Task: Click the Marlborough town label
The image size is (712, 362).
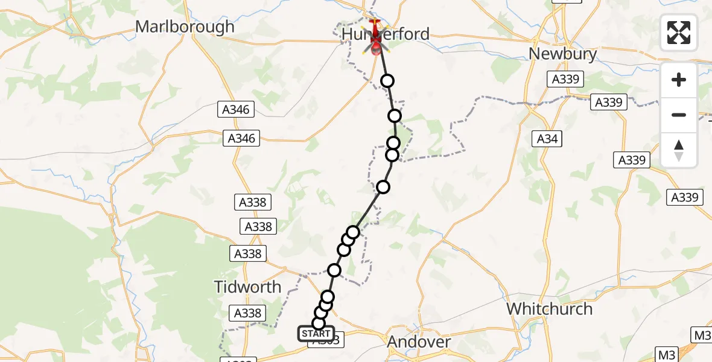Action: pyautogui.click(x=185, y=27)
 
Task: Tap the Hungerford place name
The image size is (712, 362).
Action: pyautogui.click(x=386, y=34)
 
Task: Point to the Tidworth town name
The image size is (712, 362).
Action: pyautogui.click(x=248, y=287)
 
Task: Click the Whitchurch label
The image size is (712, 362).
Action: pyautogui.click(x=549, y=309)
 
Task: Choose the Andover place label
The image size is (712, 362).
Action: pyautogui.click(x=419, y=342)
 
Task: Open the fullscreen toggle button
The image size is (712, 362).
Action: pyautogui.click(x=679, y=33)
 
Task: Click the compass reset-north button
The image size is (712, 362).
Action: pyautogui.click(x=679, y=150)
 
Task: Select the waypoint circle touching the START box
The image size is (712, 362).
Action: pyautogui.click(x=319, y=323)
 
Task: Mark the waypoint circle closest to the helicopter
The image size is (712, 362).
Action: pyautogui.click(x=387, y=81)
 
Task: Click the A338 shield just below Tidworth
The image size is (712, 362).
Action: pyautogui.click(x=247, y=313)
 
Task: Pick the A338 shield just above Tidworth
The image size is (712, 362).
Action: pyautogui.click(x=247, y=253)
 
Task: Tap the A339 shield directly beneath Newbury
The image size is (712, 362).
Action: pyautogui.click(x=565, y=79)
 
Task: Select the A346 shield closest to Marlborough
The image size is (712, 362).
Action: pyautogui.click(x=237, y=110)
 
